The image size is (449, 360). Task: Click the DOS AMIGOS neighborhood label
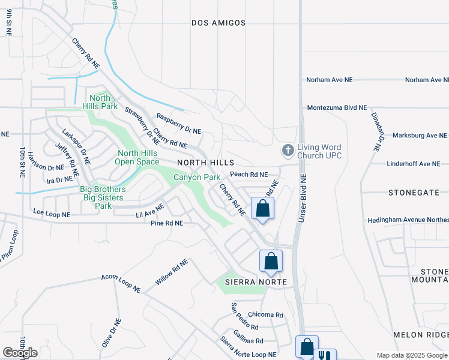218,23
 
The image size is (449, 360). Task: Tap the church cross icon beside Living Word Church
288,150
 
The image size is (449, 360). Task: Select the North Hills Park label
100,102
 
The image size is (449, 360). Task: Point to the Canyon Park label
197,177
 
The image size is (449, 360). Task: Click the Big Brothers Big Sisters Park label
103,197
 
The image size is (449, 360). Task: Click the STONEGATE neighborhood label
414,193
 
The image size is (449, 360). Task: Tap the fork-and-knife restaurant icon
325,355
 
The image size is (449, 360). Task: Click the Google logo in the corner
20,352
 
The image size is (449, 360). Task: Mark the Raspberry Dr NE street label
179,124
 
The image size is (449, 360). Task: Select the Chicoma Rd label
265,314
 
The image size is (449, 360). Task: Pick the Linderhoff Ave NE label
413,164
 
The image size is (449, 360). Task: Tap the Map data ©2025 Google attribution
412,355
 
